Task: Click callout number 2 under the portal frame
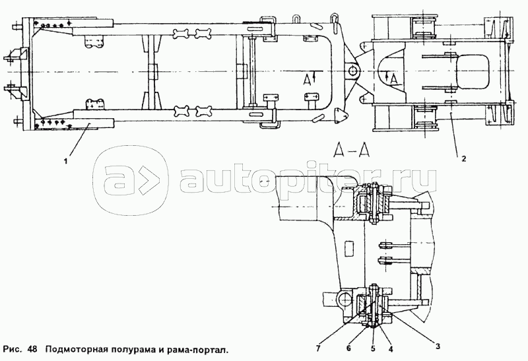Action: [463, 159]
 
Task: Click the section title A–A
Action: [350, 152]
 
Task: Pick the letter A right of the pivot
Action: [393, 79]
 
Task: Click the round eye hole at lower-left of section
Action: [342, 300]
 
